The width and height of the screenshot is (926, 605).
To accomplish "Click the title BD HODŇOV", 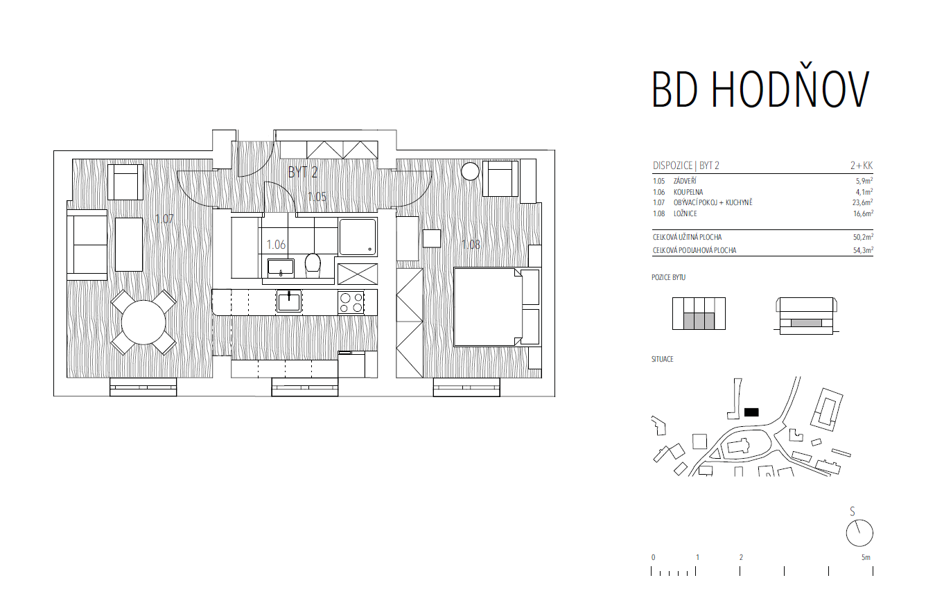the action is pyautogui.click(x=760, y=89).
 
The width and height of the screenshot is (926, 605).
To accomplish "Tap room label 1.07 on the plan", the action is pyautogui.click(x=164, y=218).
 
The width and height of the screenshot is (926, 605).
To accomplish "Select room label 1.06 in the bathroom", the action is pyautogui.click(x=276, y=245).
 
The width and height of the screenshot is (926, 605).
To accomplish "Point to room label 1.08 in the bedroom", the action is pyautogui.click(x=471, y=244).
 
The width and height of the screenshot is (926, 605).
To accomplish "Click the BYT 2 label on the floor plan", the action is pyautogui.click(x=303, y=172).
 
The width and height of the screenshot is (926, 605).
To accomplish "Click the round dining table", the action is pyautogui.click(x=143, y=322).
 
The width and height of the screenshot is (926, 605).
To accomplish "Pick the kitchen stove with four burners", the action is pyautogui.click(x=351, y=302).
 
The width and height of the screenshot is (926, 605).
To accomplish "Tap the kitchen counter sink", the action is pyautogui.click(x=289, y=301).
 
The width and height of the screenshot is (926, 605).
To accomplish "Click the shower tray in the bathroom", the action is pyautogui.click(x=358, y=237).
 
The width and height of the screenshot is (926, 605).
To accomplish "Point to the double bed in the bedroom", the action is pyautogui.click(x=496, y=307).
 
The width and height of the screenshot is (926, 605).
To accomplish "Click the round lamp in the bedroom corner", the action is pyautogui.click(x=470, y=171).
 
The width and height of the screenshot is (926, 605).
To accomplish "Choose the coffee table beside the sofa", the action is pyautogui.click(x=129, y=245).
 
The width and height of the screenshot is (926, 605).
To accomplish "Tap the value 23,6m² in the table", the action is pyautogui.click(x=863, y=202).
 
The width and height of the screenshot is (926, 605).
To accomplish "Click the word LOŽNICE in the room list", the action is pyautogui.click(x=685, y=213).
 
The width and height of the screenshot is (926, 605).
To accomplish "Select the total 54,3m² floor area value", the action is pyautogui.click(x=863, y=250).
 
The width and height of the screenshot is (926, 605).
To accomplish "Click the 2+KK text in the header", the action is pyautogui.click(x=862, y=166).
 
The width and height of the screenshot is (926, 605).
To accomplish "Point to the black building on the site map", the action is pyautogui.click(x=751, y=412).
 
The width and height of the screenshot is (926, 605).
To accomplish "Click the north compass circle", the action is pyautogui.click(x=859, y=533).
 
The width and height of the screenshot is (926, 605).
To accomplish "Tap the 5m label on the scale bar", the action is pyautogui.click(x=866, y=557).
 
